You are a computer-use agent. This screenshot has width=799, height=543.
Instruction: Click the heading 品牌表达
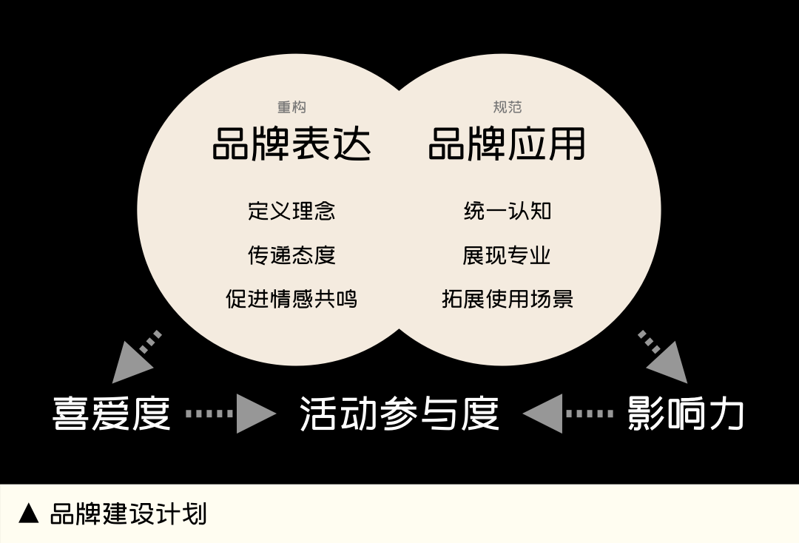click(x=291, y=144)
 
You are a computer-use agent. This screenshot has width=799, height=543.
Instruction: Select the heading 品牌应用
click(x=507, y=144)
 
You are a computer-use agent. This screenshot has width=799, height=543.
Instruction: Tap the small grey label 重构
click(x=291, y=107)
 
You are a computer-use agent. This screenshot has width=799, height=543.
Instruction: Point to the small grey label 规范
click(x=507, y=107)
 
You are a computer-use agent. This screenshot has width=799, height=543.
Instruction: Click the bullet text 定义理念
click(x=291, y=211)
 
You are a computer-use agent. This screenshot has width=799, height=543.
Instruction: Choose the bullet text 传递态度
click(x=291, y=255)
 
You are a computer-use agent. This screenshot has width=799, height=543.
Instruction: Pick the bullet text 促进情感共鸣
click(x=291, y=299)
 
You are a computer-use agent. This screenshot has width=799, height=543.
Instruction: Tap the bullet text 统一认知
click(x=507, y=211)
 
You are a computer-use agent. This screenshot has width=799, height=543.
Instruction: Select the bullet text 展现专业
click(x=507, y=255)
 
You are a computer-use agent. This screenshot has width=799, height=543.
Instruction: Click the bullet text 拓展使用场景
click(x=507, y=299)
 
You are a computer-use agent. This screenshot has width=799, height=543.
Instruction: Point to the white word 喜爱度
click(x=112, y=414)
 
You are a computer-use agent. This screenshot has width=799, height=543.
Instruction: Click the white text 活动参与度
click(x=399, y=414)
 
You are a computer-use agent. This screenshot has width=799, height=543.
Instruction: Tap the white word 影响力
click(x=685, y=414)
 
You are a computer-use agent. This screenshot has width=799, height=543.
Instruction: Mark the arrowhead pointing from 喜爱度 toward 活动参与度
click(x=254, y=414)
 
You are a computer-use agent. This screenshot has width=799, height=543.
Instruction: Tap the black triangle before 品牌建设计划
click(x=29, y=513)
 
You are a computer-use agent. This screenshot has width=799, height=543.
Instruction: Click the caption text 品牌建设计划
click(x=128, y=513)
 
